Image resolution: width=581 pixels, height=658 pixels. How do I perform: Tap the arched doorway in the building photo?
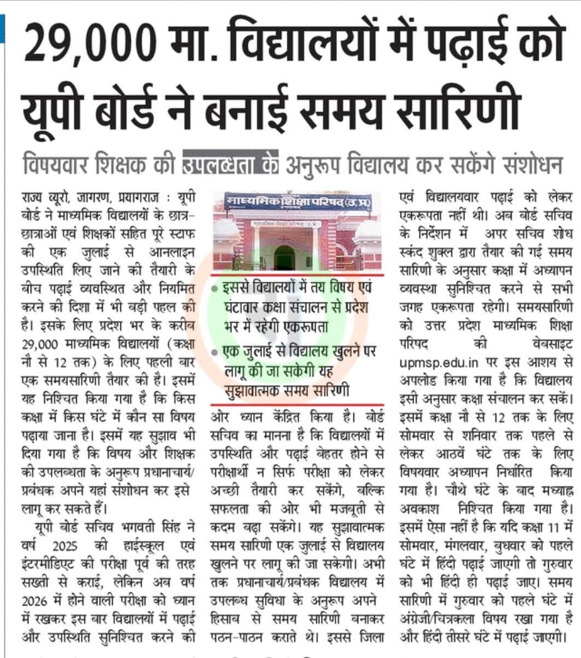coord(284,257)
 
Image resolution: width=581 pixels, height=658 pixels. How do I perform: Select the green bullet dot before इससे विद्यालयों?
coord(216,289)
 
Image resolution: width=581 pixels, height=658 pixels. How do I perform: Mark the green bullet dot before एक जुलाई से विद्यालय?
coord(216,352)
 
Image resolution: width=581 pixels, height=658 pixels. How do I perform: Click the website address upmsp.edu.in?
coord(440,363)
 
